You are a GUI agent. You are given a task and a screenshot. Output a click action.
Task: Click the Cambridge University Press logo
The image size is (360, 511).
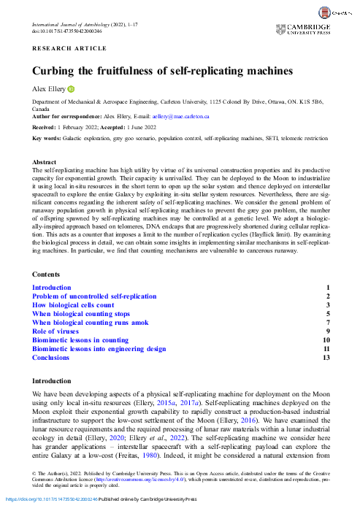(302, 29)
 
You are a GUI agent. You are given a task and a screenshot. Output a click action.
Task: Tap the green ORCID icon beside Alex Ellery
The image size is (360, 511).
(72, 88)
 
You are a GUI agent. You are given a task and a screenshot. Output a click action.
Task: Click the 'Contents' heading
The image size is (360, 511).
(47, 274)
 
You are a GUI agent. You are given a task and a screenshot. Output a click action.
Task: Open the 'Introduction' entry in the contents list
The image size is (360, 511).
(52, 288)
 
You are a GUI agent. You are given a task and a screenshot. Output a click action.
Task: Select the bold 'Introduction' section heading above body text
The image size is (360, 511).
(52, 381)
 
